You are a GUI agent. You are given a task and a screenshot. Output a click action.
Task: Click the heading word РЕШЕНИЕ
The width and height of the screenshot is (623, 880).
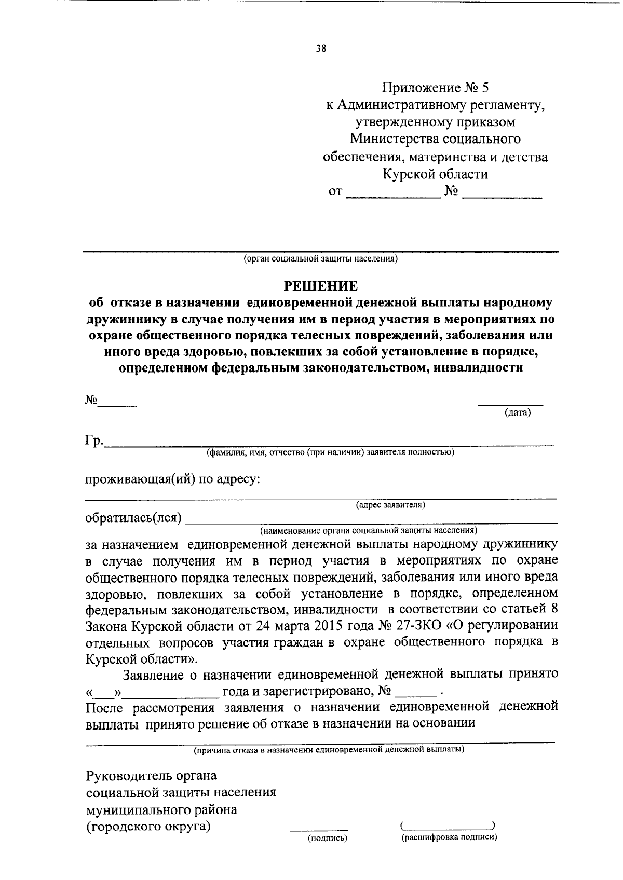[320, 286]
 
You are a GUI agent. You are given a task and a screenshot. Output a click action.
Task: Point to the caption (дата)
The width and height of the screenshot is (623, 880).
[518, 413]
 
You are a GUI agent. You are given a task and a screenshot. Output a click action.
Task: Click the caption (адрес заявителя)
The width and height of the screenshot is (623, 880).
[390, 504]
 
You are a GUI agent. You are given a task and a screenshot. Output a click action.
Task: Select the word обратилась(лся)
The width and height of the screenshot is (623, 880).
[133, 518]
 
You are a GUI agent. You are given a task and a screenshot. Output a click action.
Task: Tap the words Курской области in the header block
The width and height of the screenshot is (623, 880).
[435, 174]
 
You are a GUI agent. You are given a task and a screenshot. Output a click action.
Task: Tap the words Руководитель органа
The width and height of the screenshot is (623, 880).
[151, 776]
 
